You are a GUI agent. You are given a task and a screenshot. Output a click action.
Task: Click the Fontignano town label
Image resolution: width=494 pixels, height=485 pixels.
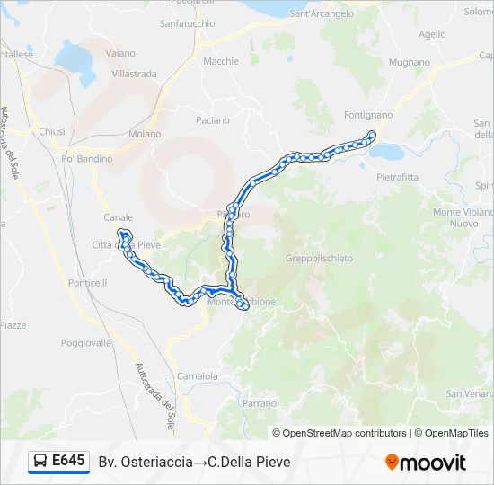click(x=369, y=115)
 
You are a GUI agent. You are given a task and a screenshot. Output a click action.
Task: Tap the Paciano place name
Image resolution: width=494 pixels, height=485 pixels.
click(x=213, y=120)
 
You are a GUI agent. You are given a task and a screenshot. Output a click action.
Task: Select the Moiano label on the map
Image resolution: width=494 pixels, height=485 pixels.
click(x=145, y=134)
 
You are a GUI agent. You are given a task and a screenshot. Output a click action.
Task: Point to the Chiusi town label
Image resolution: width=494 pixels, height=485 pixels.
click(x=52, y=131)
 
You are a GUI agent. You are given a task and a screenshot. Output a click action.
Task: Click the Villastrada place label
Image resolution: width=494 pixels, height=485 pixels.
click(x=135, y=74)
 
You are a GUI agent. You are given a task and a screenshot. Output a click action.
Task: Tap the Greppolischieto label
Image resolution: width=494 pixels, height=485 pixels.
click(x=319, y=258)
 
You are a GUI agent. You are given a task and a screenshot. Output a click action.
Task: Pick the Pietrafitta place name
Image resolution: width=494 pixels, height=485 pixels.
click(x=397, y=177)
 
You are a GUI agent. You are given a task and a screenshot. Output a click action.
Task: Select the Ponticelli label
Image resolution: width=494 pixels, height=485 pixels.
click(x=87, y=282)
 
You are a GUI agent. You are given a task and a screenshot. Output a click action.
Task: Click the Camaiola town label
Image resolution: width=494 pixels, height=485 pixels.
click(x=198, y=375)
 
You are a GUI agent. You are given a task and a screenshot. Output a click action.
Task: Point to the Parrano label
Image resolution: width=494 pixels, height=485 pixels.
click(x=260, y=403)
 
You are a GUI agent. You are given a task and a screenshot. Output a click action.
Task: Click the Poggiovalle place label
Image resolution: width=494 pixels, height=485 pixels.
click(x=86, y=343)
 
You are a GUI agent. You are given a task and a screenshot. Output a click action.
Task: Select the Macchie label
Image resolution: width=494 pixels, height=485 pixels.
click(x=221, y=61)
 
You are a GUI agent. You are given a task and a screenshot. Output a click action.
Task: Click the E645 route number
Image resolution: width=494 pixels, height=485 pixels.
click(x=69, y=461)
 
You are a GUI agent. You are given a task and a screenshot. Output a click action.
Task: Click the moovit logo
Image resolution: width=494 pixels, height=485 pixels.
click(x=426, y=463)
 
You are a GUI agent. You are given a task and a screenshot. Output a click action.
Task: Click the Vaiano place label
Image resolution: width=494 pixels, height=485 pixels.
click(x=120, y=54)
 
